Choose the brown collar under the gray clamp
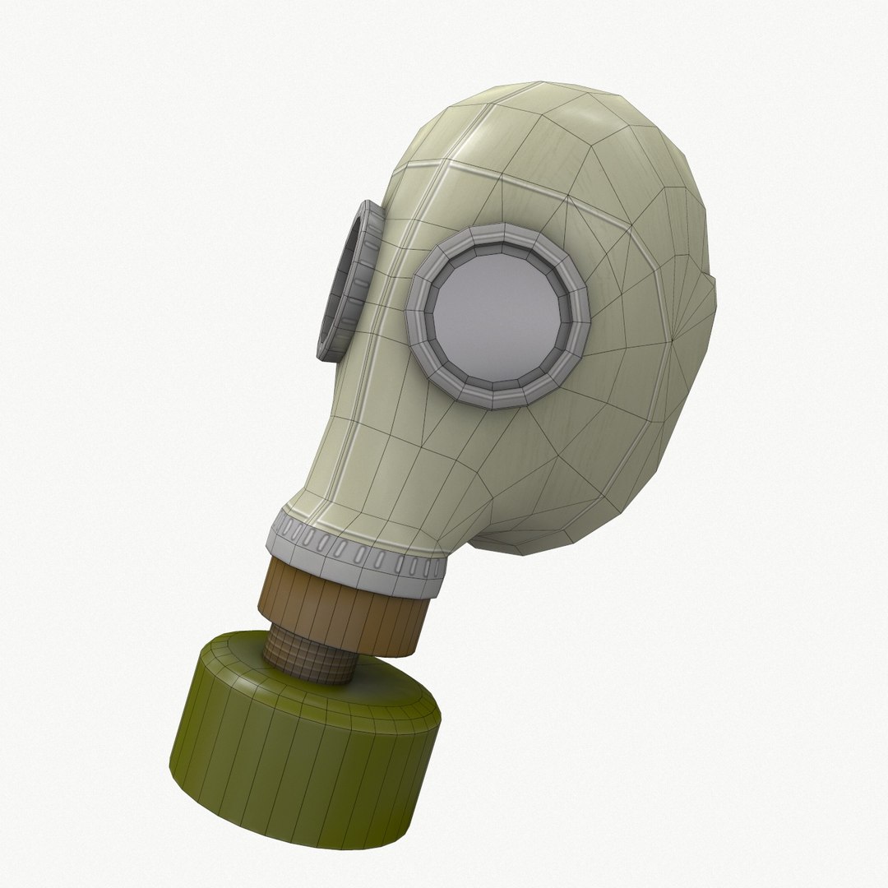point(345,604)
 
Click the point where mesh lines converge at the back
point(673,338)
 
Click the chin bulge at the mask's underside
point(526,526)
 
